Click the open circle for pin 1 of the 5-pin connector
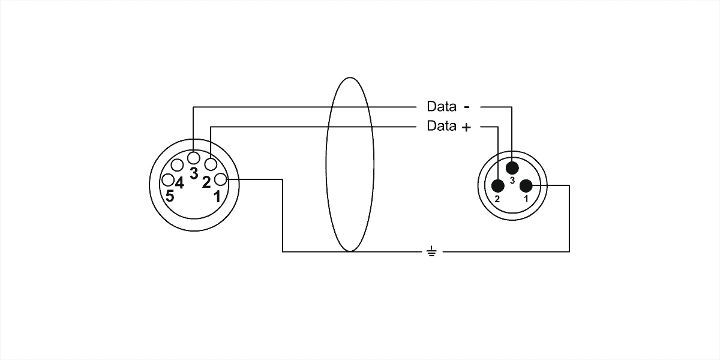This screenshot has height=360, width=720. pos(221,179)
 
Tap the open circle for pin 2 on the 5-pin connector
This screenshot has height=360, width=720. pos(211,164)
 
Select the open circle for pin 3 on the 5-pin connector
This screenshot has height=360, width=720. pos(193,158)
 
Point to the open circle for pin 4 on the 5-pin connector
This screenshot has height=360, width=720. pos(177,165)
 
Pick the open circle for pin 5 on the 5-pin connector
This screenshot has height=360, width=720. pos(168,180)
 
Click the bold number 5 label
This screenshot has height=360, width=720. pos(170,196)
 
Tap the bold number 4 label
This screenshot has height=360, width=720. pos(179,183)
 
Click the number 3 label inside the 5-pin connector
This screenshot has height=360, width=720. pos(194,173)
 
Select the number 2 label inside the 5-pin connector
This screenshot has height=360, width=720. pos(206,182)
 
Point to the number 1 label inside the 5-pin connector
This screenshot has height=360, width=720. pos(217,197)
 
